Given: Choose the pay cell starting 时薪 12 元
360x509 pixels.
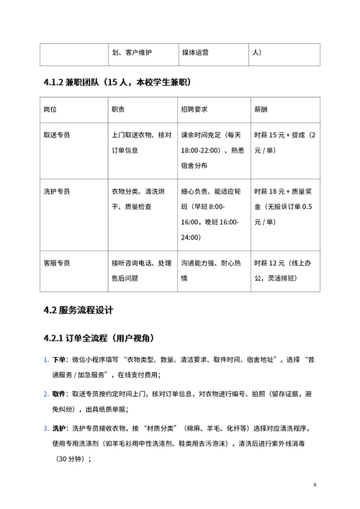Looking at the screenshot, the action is (x=284, y=269).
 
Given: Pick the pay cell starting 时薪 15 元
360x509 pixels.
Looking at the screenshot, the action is (x=284, y=143).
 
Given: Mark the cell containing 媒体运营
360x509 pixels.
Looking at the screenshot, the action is (x=195, y=53).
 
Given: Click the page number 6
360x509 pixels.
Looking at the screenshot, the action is (x=315, y=484).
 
